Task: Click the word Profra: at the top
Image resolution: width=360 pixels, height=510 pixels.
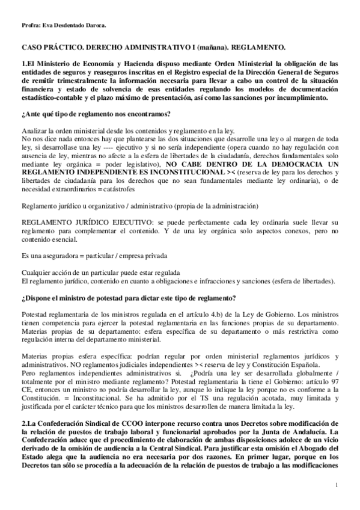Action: point(31,25)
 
